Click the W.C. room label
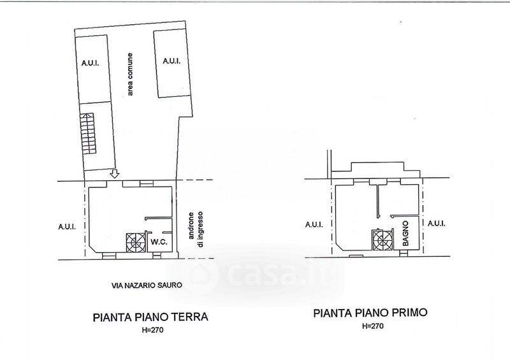(159, 242)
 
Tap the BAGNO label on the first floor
(405, 233)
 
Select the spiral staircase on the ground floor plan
(136, 243)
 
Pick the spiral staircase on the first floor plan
(382, 240)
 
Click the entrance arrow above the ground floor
(115, 174)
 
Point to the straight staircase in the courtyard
(88, 133)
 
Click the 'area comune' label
(130, 74)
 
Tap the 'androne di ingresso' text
(196, 229)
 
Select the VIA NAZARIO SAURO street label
(147, 285)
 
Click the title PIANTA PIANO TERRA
(150, 317)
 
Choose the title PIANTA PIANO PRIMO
(370, 313)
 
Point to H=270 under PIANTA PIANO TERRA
(152, 330)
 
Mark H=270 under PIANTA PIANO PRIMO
(373, 326)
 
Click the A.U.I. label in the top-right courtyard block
(171, 61)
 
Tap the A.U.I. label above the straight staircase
(90, 63)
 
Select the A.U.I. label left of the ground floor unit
(67, 226)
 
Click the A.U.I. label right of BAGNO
(437, 224)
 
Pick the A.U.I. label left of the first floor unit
(314, 224)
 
